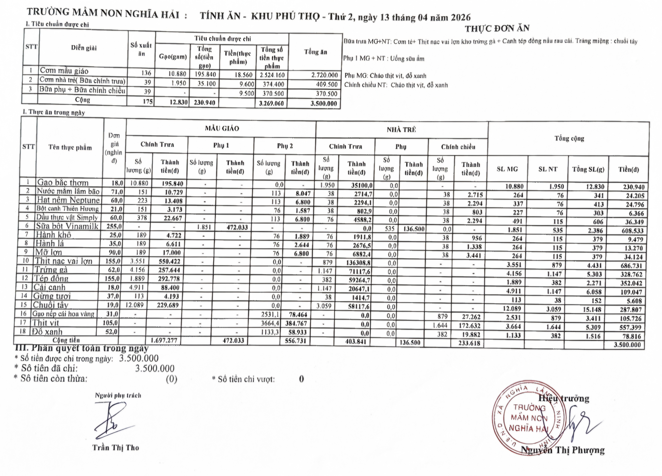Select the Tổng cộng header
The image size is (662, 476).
[x=569, y=139]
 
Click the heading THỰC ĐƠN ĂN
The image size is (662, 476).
[x=497, y=28]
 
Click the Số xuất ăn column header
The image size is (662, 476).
[x=141, y=49]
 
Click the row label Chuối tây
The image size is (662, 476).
[x=51, y=305]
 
